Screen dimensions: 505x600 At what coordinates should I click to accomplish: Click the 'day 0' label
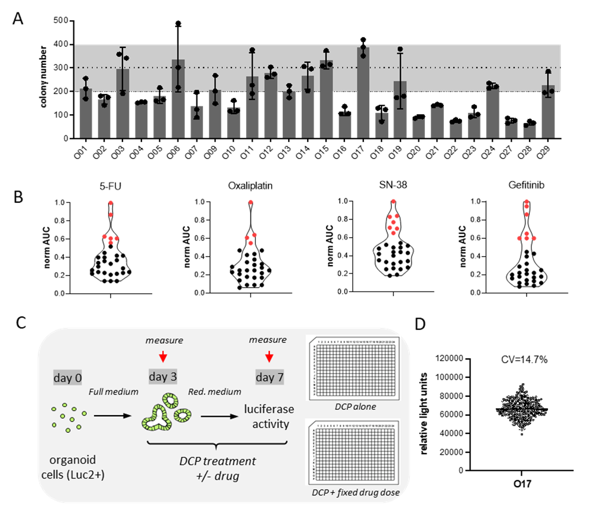(67, 377)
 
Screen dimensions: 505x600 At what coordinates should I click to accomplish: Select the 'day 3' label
(162, 377)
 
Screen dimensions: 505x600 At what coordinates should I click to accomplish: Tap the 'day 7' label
(269, 377)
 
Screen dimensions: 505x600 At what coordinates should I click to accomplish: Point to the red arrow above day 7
(269, 357)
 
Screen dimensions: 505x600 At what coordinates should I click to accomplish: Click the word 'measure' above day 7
(267, 340)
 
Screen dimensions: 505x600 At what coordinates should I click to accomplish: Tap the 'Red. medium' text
(215, 391)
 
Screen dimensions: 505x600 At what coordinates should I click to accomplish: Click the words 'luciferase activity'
(269, 416)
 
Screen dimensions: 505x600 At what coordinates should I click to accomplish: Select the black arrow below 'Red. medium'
(220, 417)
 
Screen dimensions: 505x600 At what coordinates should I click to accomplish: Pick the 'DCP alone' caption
(352, 406)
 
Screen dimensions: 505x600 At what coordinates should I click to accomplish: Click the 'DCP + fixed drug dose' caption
(353, 493)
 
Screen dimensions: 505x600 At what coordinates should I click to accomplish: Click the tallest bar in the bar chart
(363, 93)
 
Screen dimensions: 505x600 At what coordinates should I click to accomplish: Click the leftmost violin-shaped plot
(111, 248)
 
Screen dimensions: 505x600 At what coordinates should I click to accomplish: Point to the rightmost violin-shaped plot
(527, 248)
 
